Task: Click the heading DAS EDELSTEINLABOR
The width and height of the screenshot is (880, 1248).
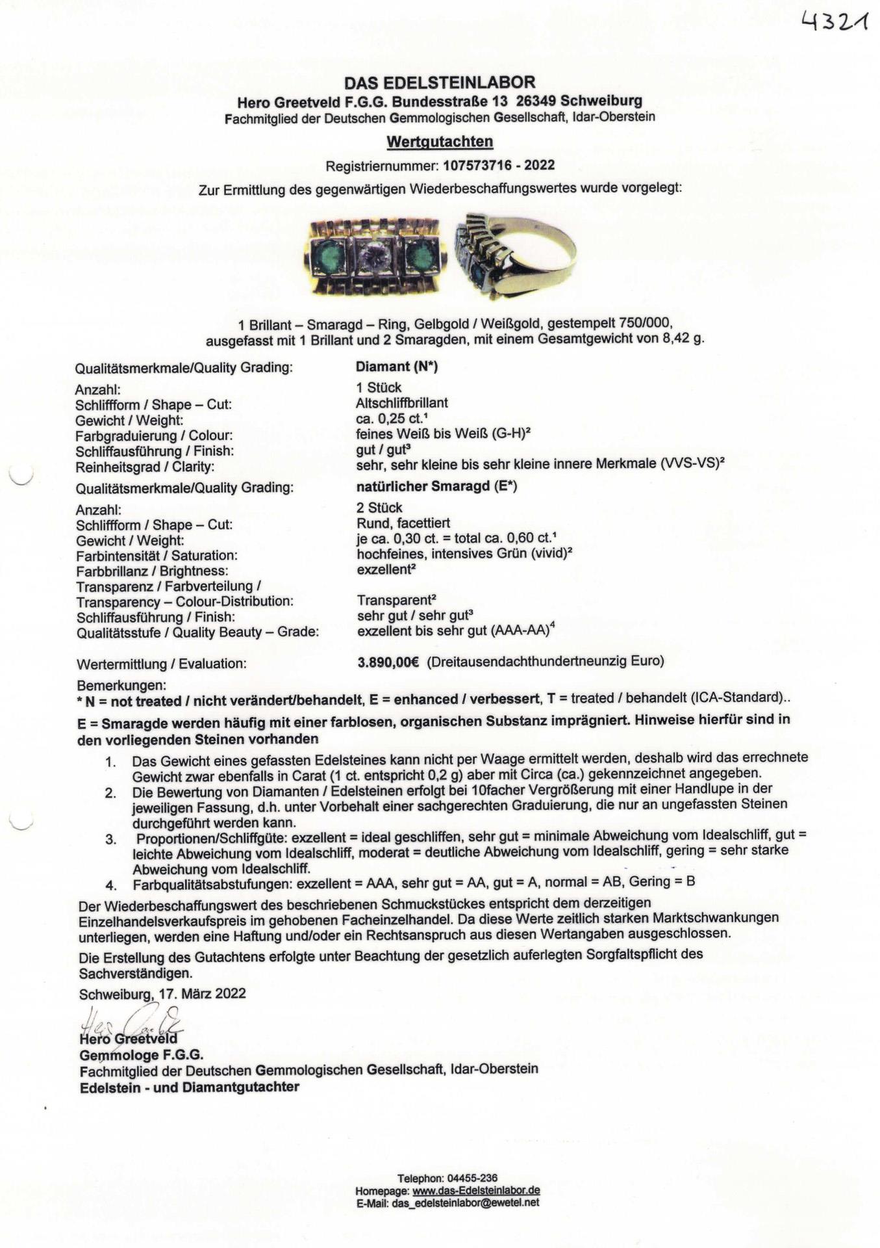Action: pos(440,83)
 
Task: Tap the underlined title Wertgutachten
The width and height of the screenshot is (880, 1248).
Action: pos(440,141)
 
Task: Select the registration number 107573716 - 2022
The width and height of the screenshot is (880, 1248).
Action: pos(499,165)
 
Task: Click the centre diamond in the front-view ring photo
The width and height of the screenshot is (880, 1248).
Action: pos(375,257)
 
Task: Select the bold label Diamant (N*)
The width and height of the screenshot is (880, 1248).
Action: pos(397,367)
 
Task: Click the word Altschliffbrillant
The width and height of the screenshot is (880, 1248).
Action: pos(401,403)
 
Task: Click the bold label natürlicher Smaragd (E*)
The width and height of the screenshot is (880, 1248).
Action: pos(436,486)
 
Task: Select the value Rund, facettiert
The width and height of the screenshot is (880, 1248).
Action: pos(403,523)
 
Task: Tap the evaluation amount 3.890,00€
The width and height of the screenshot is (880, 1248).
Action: pos(388,662)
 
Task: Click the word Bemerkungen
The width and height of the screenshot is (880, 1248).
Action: pos(121,686)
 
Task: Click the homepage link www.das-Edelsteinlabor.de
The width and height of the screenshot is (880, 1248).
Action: pos(476,1191)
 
